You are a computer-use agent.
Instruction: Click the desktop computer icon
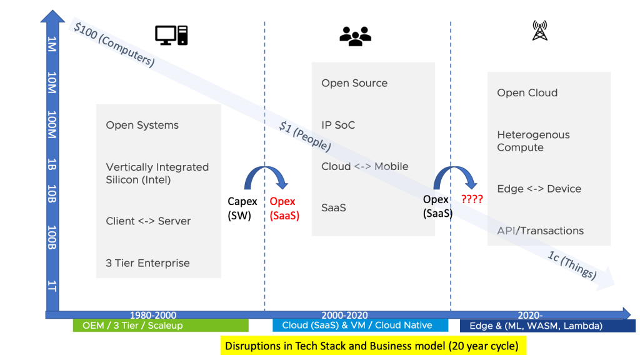click(171, 35)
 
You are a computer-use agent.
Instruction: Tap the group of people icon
click(355, 36)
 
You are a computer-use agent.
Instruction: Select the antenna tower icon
click(539, 31)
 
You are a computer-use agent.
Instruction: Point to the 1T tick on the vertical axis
click(52, 286)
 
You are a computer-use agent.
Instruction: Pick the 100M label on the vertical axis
click(52, 125)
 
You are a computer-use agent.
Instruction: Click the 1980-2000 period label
click(152, 316)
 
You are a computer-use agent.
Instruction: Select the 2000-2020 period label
click(344, 316)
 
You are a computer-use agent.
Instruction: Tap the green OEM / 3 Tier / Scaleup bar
click(161, 326)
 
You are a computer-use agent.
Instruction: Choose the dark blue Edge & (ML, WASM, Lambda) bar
click(547, 326)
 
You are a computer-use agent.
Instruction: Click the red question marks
click(472, 200)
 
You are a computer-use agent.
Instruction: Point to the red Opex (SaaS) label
click(284, 209)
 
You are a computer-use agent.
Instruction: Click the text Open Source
click(354, 83)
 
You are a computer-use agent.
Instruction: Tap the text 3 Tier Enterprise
click(147, 263)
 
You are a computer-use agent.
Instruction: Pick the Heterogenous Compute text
click(533, 141)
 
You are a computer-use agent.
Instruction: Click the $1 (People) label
click(305, 136)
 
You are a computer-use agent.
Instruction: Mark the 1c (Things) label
click(572, 265)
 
